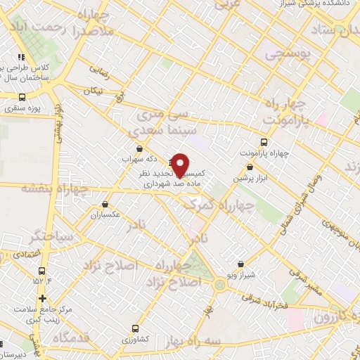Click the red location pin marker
(180, 165)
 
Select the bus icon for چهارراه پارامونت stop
(264, 142)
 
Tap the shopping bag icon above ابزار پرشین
(250, 167)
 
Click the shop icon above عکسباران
(104, 205)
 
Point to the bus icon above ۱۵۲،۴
(41, 270)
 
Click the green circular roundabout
(221, 285)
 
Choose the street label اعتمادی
(26, 251)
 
